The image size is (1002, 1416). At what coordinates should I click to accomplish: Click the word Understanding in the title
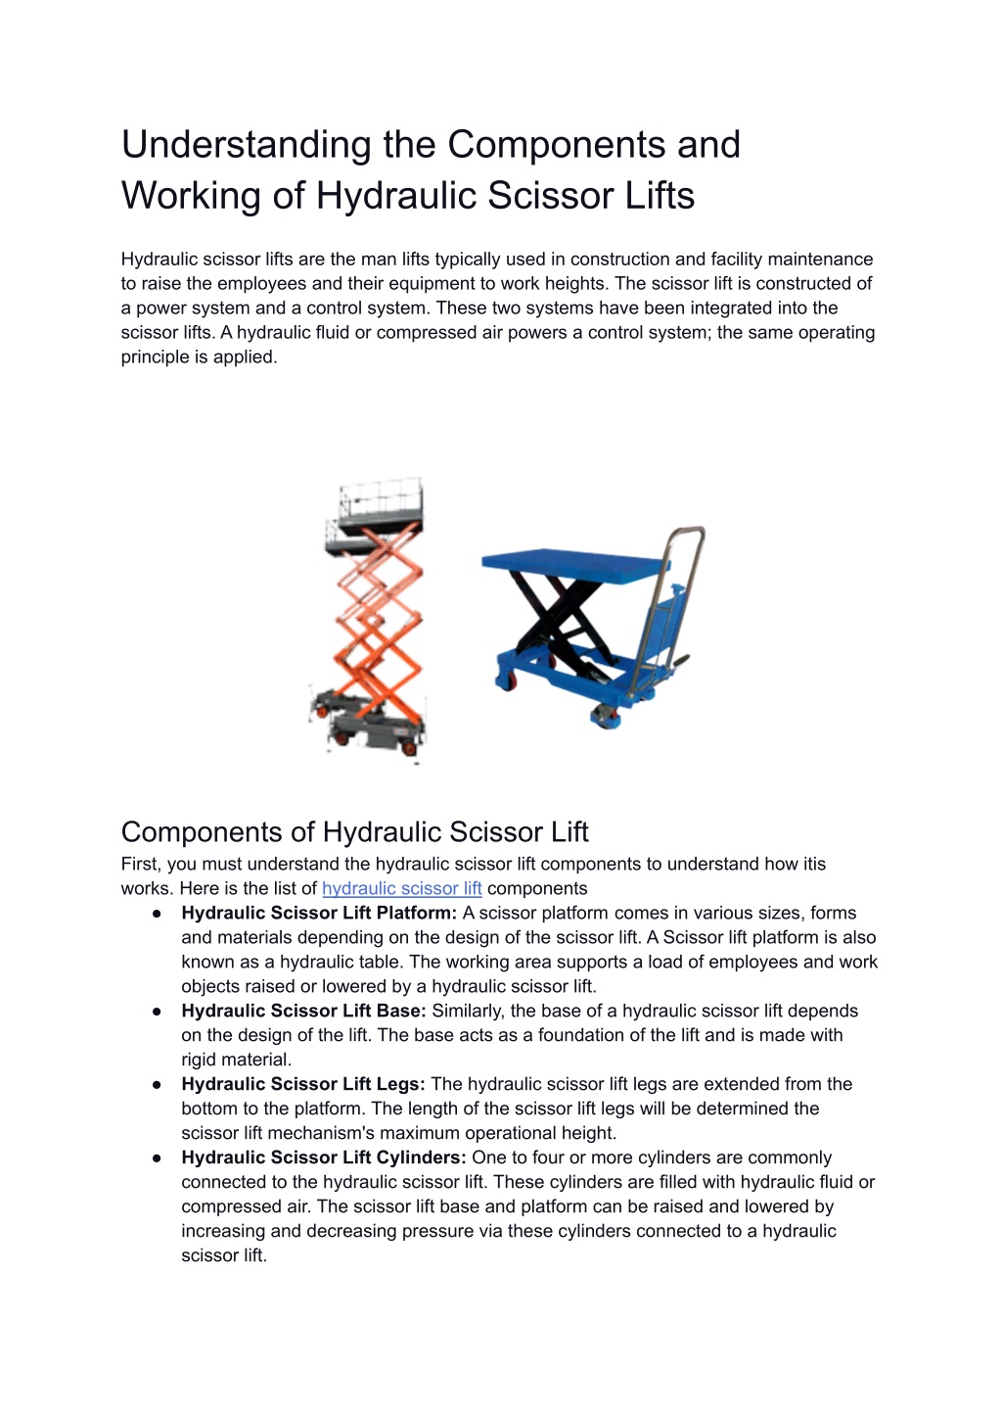coord(246,146)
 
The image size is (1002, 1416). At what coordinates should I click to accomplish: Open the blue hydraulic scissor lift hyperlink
coord(402,888)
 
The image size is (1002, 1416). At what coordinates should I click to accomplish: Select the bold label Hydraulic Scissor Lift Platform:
coord(319,913)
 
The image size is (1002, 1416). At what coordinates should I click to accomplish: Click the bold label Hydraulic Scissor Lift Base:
coord(304,1011)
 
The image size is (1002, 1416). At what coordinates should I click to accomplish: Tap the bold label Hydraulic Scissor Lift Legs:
coord(303,1084)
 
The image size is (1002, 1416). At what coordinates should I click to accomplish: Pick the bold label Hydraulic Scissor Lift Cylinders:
coord(324,1157)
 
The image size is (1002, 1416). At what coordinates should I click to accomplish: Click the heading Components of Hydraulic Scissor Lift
coord(354,832)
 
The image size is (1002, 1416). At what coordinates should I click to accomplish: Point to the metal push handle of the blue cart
coord(669,607)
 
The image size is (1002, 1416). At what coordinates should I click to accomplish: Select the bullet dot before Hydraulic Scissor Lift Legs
coord(157,1085)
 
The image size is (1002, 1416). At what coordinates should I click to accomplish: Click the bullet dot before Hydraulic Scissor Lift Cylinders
coord(157,1158)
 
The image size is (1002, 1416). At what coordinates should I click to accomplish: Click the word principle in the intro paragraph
coord(155,357)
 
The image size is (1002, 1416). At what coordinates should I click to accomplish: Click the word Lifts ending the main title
coord(660,195)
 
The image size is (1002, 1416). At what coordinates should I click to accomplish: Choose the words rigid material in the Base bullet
coord(236,1060)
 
